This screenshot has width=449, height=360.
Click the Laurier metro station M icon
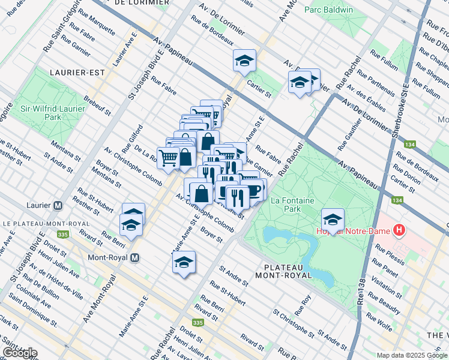58,205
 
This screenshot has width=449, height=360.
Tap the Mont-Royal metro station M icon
135,257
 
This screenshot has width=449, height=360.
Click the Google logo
20,353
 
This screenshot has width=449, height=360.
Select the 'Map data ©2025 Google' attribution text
412,355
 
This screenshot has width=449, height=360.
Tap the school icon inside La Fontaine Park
333,219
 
